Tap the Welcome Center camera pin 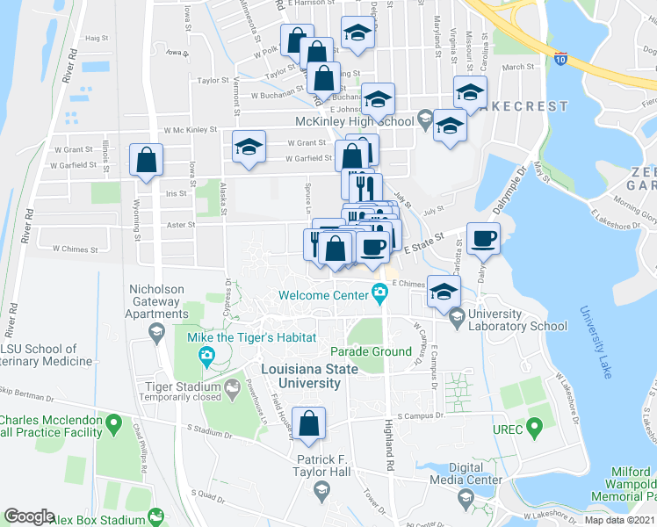coord(380,292)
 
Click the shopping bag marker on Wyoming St coord(146,161)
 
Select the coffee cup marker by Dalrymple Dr coord(482,238)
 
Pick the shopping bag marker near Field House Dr coord(309,424)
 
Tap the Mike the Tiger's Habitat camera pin coord(206,356)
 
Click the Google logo coord(28,516)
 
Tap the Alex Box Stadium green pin coord(157,517)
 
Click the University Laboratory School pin coord(456,316)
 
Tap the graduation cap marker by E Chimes coord(444,291)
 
